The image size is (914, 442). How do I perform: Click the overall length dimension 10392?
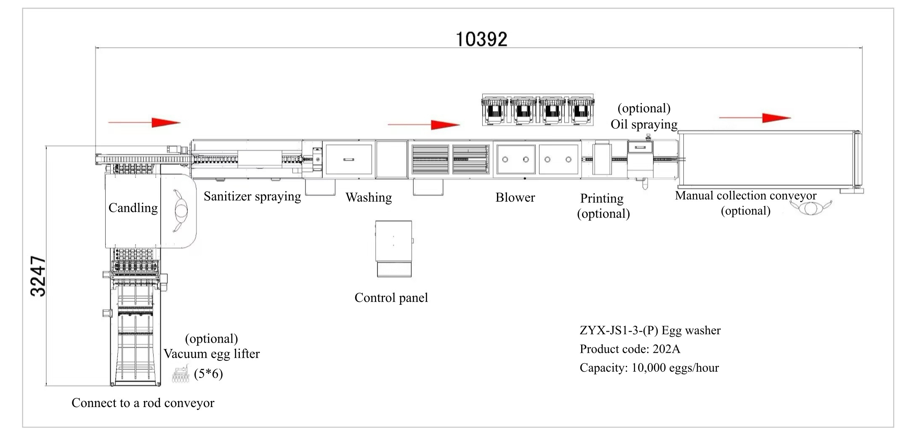(x=482, y=39)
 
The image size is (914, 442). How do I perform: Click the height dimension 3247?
(x=38, y=276)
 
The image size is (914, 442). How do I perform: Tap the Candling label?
(x=133, y=208)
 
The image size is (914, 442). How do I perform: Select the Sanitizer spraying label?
(x=252, y=196)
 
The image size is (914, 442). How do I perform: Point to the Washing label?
(x=369, y=197)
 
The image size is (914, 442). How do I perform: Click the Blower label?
(x=515, y=197)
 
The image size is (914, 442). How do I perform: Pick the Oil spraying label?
(x=644, y=124)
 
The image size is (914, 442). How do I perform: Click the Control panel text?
(x=391, y=298)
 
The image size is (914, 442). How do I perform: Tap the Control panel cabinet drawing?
(x=394, y=248)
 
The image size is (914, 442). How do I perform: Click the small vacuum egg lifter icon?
(x=181, y=373)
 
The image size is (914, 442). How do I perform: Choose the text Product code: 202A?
(x=630, y=349)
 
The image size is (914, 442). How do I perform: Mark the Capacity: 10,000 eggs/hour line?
(x=649, y=368)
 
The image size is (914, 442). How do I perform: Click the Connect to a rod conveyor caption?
(x=143, y=403)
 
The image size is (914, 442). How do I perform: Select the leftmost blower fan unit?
(x=495, y=110)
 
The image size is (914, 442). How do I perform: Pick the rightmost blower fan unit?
(x=580, y=110)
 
